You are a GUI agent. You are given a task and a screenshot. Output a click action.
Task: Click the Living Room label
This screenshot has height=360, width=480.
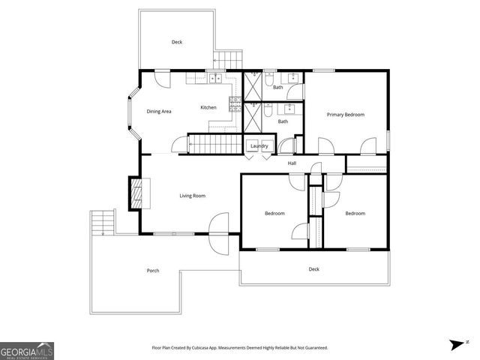(x=192, y=196)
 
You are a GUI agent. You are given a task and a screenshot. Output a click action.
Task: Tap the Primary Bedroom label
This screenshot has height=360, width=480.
(x=345, y=115)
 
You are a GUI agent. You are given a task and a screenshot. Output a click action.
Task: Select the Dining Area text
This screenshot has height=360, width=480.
(x=159, y=111)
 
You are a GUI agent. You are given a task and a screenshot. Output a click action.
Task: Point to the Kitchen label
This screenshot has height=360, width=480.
(x=208, y=107)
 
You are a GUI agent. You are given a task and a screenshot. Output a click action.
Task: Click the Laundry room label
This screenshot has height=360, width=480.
(x=259, y=145)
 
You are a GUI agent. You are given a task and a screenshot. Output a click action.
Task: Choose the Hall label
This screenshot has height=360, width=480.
(x=292, y=163)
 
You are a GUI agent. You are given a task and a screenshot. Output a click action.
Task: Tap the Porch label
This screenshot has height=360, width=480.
(x=153, y=270)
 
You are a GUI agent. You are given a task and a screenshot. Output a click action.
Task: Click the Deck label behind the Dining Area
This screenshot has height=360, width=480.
(x=177, y=42)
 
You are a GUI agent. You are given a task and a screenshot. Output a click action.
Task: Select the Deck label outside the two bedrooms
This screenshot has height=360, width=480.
(x=314, y=268)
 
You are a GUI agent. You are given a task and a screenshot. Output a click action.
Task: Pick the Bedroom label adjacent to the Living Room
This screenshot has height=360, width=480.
(x=274, y=214)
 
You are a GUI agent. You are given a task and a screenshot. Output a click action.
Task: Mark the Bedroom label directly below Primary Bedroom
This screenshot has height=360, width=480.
(x=355, y=214)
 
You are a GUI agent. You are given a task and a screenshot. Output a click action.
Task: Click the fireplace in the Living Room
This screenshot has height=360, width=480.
(x=136, y=193)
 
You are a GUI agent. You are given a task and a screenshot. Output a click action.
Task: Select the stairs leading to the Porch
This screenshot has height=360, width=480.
(x=102, y=223)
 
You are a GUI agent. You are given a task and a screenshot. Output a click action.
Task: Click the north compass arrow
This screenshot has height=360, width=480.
(x=457, y=343)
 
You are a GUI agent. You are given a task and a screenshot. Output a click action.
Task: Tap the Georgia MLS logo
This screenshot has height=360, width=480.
(x=27, y=350)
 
